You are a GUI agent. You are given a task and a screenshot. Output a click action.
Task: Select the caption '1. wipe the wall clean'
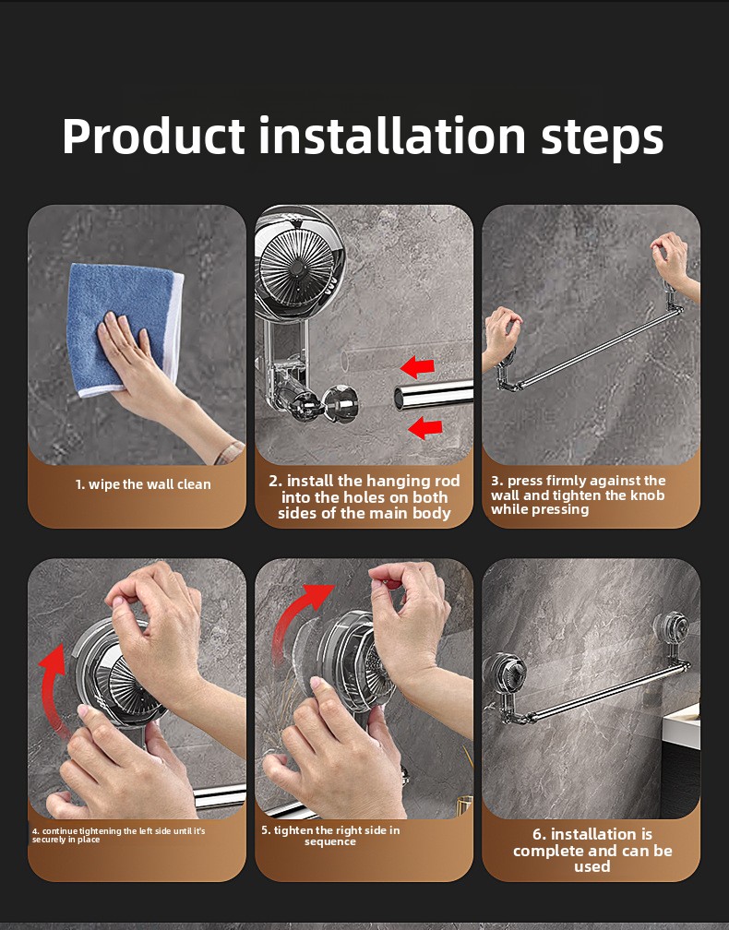click(143, 484)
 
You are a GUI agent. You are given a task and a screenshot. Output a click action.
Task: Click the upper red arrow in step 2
click(418, 368)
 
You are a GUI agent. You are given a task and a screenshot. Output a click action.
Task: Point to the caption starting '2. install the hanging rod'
click(364, 496)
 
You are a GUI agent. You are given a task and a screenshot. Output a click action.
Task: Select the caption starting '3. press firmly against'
click(578, 495)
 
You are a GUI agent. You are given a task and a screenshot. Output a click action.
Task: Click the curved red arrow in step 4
click(55, 687)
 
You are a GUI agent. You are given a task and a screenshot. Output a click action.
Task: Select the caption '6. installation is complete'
click(592, 850)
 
